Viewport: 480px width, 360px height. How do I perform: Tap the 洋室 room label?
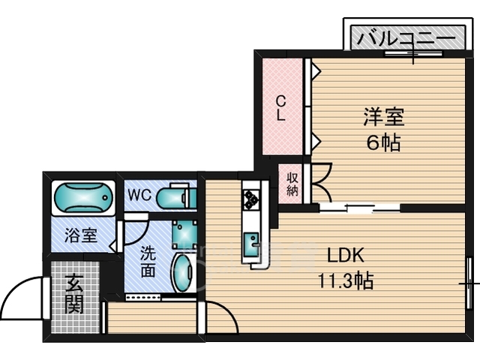(384, 117)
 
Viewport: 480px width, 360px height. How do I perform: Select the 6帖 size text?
(384, 142)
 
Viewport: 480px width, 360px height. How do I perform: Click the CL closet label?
(280, 108)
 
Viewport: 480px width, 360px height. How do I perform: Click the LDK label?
(346, 255)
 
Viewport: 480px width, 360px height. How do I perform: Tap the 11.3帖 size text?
(346, 280)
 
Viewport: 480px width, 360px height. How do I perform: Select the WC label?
(139, 194)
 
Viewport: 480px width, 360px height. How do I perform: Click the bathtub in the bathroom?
(83, 197)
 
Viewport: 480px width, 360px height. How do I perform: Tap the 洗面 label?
(148, 262)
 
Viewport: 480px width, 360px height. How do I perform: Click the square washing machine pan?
(184, 235)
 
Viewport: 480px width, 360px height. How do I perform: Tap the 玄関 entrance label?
(74, 294)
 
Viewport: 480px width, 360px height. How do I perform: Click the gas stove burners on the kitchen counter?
(251, 199)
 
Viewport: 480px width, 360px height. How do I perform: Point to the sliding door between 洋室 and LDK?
(360, 208)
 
